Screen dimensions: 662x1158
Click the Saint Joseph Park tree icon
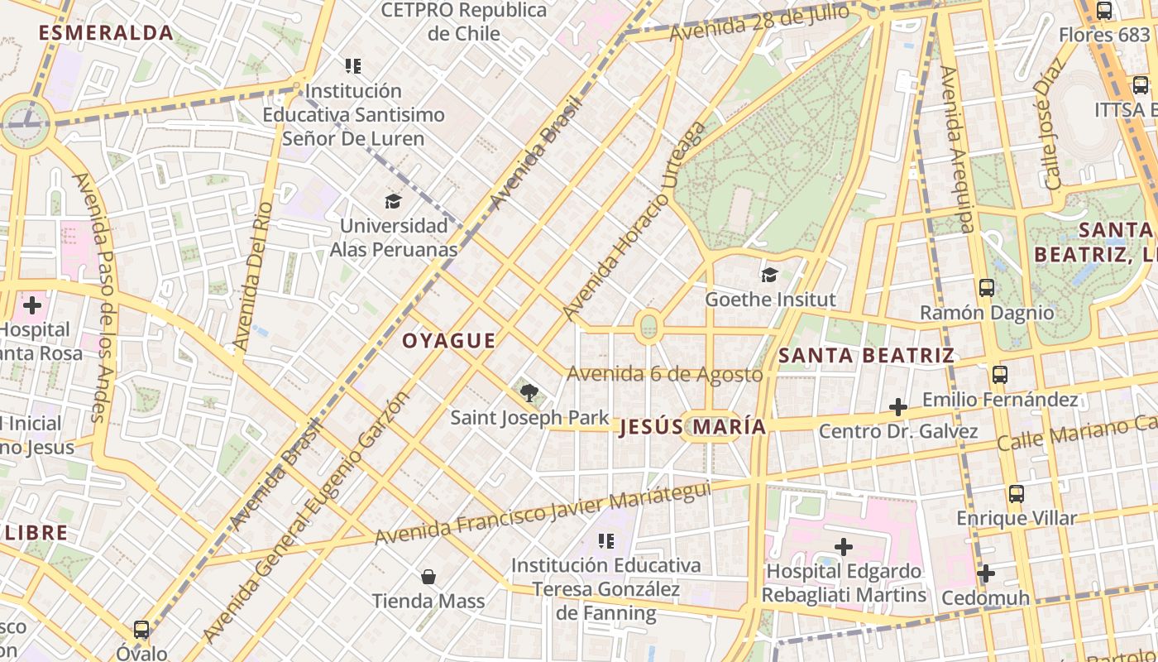click(529, 392)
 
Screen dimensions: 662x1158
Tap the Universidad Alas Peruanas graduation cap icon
click(393, 201)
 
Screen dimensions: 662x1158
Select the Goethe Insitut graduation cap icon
click(770, 275)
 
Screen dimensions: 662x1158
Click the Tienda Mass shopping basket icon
click(428, 576)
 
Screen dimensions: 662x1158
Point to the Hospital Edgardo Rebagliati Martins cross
click(844, 547)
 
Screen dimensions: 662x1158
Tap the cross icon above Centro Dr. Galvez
click(898, 407)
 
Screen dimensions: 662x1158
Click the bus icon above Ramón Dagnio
click(987, 288)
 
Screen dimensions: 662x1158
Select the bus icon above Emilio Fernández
click(1000, 375)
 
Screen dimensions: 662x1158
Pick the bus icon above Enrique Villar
click(1017, 494)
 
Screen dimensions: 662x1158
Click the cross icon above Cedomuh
click(985, 573)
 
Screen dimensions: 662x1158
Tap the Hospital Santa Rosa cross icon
click(32, 305)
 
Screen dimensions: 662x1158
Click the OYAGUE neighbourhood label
click(449, 340)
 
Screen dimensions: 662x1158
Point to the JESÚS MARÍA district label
click(692, 427)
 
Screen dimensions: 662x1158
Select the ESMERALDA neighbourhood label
click(106, 33)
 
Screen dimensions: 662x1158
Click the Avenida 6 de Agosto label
click(665, 374)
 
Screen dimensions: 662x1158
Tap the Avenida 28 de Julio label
click(759, 23)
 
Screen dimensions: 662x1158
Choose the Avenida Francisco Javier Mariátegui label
click(543, 513)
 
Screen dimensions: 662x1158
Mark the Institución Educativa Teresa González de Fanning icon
click(606, 541)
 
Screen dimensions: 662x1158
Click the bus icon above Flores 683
click(1104, 11)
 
